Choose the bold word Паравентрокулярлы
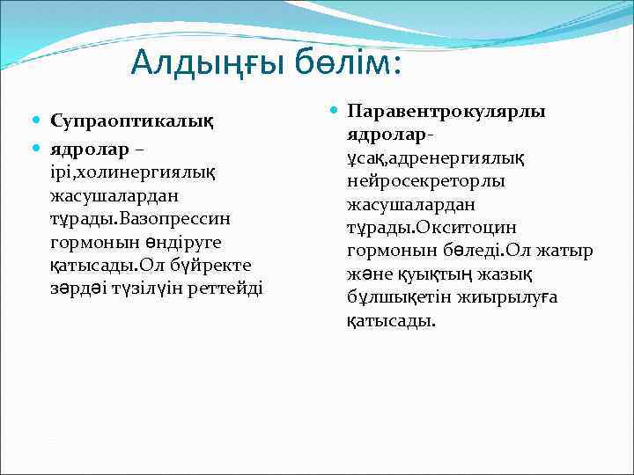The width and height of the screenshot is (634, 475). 446,112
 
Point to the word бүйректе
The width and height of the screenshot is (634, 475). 207,265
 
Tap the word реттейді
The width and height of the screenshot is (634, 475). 230,289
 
